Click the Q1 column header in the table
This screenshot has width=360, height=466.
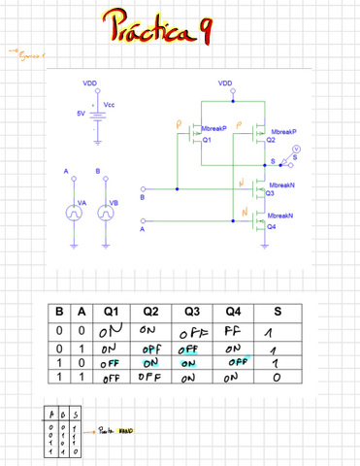click(111, 312)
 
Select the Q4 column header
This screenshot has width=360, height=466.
click(232, 312)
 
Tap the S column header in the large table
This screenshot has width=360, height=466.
click(279, 312)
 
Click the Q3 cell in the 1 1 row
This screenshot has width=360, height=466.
click(190, 376)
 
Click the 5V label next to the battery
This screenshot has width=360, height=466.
click(81, 113)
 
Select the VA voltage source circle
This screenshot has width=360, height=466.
click(73, 211)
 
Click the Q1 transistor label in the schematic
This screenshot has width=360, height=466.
click(208, 139)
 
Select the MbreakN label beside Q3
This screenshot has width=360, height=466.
click(278, 183)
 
